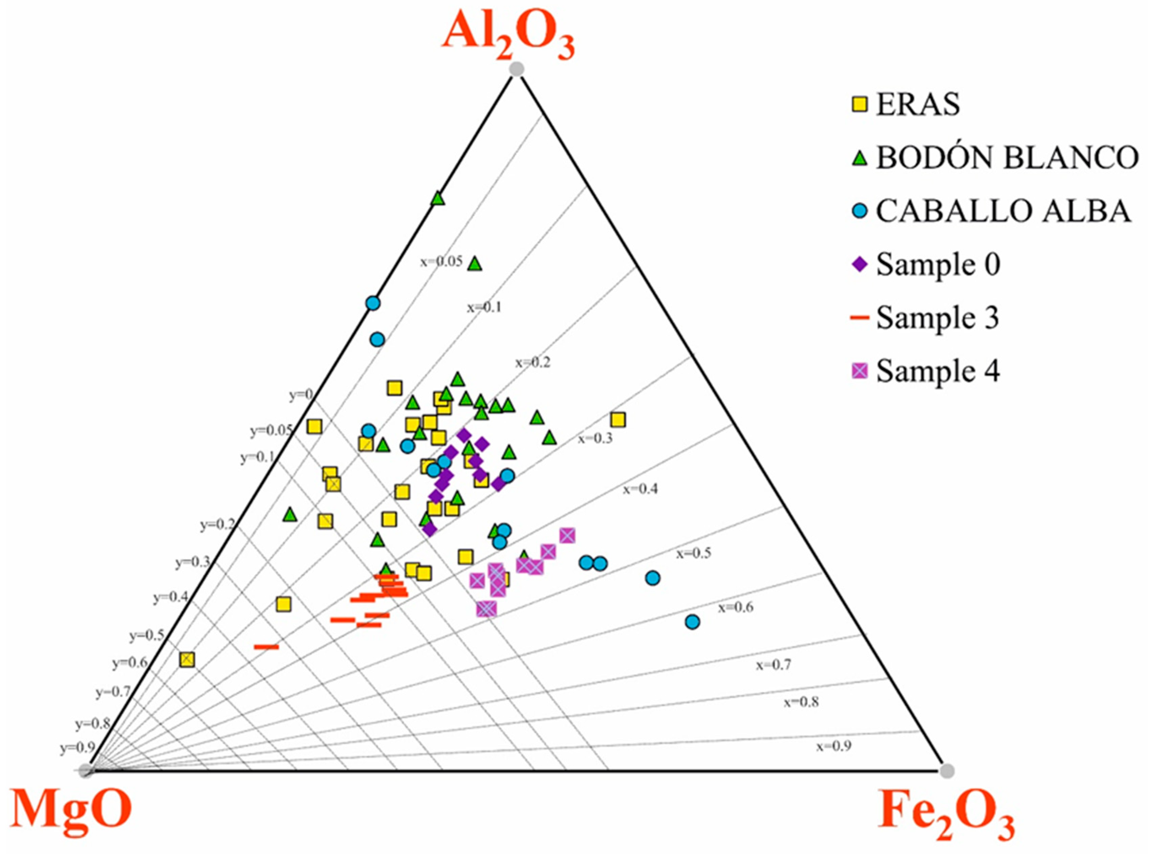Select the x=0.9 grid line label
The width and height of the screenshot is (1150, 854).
(833, 746)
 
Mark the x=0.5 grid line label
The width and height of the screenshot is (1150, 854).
(693, 553)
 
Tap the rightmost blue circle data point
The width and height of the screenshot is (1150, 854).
(692, 622)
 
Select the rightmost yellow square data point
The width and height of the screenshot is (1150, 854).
(618, 420)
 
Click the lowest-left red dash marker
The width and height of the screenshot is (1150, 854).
(266, 647)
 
